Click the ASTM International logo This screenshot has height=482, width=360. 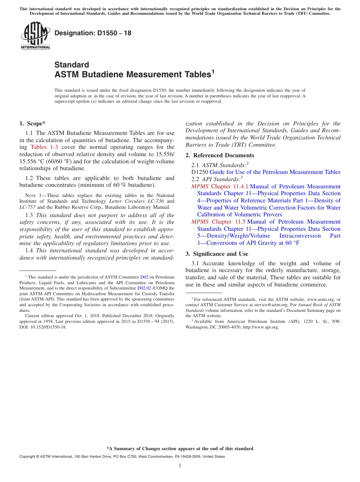click(x=35, y=36)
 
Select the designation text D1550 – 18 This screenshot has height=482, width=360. click(x=93, y=33)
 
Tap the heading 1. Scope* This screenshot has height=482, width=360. click(x=32, y=123)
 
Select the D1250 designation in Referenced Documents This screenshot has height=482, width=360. click(x=200, y=172)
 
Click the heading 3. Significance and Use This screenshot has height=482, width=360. click(x=217, y=254)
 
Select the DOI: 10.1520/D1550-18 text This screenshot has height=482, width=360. click(x=43, y=327)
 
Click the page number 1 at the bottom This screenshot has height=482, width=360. click(x=180, y=466)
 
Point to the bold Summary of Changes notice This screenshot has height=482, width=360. click(x=180, y=449)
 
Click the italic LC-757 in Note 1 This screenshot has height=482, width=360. click(x=26, y=207)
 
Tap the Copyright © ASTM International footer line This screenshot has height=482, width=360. click(x=122, y=457)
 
